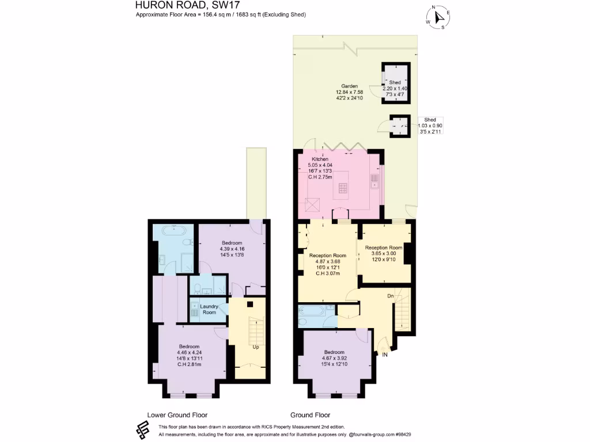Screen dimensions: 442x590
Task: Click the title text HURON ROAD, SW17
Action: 171,5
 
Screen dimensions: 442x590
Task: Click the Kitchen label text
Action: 320,159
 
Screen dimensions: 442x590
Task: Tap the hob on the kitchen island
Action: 343,188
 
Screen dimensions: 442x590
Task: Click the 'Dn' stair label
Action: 390,296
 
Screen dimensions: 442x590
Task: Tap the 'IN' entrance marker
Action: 385,355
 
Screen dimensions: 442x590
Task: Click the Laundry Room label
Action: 209,309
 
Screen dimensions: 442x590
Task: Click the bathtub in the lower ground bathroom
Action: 173,230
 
